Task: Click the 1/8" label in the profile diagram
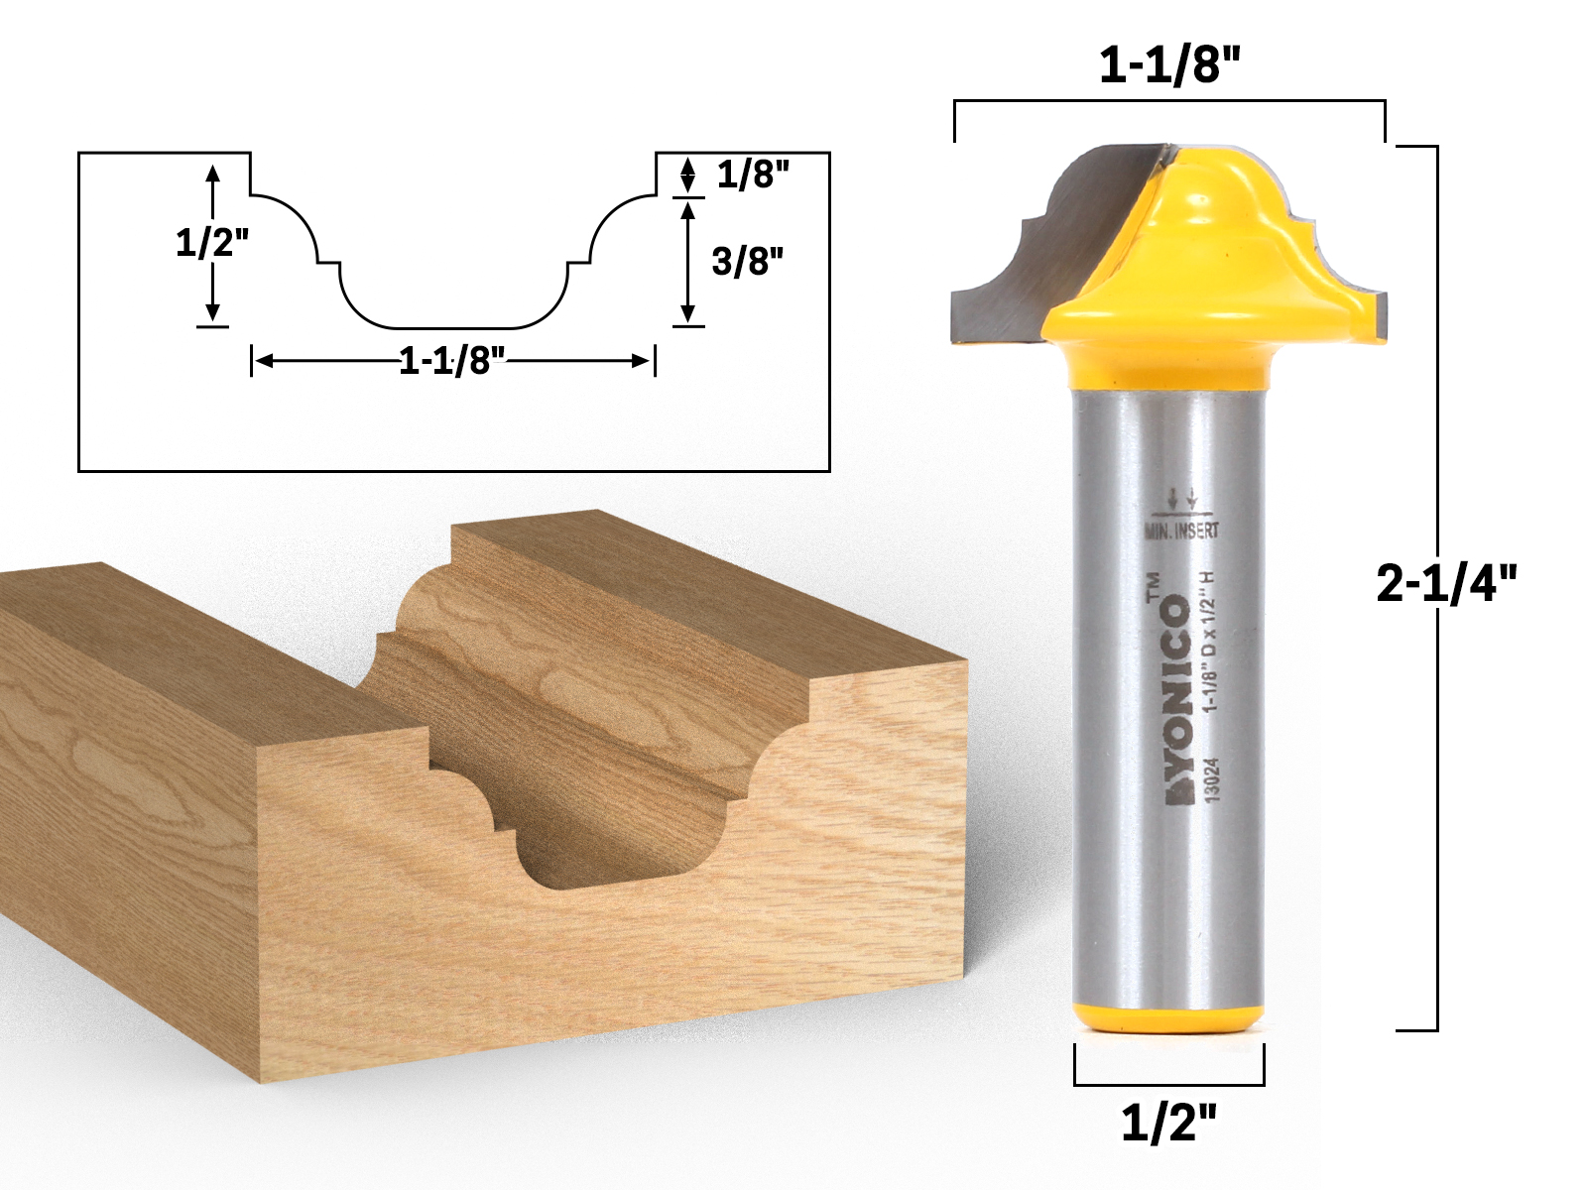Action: pos(753,175)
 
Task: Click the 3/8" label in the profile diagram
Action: pos(747,262)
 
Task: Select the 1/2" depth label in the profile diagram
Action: pos(211,242)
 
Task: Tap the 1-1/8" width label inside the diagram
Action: pos(451,360)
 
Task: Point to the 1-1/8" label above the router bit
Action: pos(1169,66)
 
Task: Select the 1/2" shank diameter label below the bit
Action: pos(1168,1123)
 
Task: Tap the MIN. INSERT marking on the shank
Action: pos(1181,532)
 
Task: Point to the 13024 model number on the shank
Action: pos(1212,780)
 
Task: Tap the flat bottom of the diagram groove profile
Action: pos(453,326)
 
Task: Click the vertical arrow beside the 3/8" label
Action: pos(687,262)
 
